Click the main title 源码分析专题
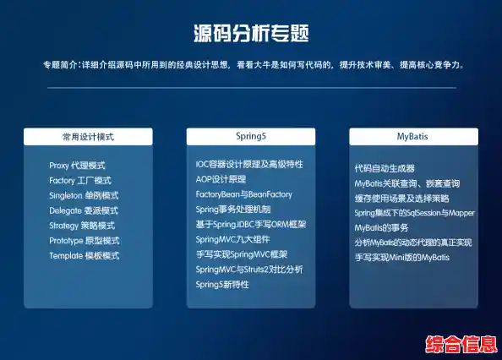point(250,34)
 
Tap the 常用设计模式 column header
point(88,136)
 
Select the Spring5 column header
point(250,136)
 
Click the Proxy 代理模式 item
point(77,166)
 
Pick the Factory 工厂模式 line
point(80,181)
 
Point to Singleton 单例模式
point(84,195)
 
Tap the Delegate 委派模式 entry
point(83,210)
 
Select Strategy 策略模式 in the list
point(83,226)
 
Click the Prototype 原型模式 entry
point(84,241)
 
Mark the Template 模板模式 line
point(84,255)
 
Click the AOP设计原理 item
point(221,179)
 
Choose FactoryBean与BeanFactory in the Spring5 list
point(244,194)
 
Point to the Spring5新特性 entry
point(222,284)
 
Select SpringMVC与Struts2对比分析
point(249,270)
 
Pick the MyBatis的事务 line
point(382,227)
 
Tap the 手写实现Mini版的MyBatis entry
point(402,257)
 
